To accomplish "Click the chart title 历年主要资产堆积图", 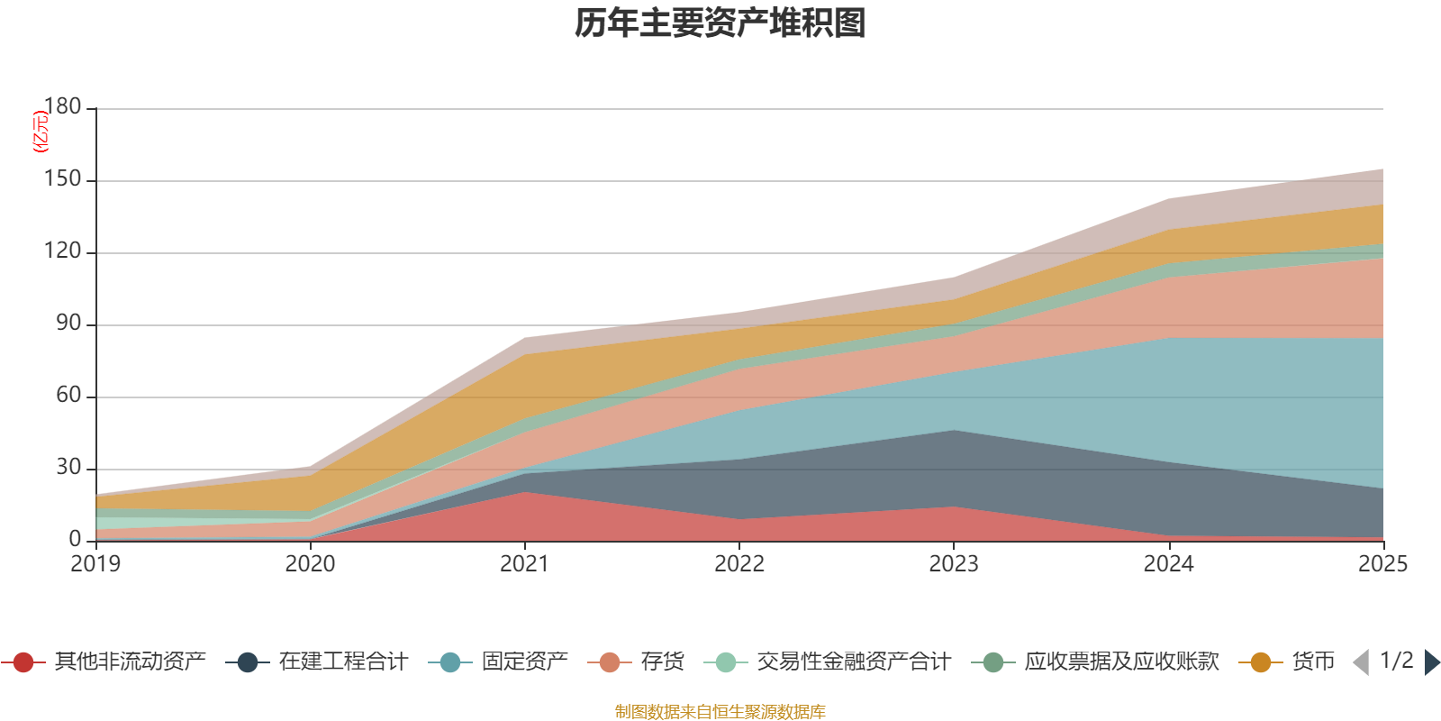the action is pyautogui.click(x=720, y=23).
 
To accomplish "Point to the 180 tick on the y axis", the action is pyautogui.click(x=62, y=106).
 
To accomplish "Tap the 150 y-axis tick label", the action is pyautogui.click(x=62, y=178).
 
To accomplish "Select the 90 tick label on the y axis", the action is pyautogui.click(x=68, y=323).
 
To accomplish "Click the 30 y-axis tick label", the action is pyautogui.click(x=68, y=467).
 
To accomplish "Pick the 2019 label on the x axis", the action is pyautogui.click(x=95, y=564).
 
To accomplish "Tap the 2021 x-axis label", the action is pyautogui.click(x=525, y=564).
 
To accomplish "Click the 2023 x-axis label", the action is pyautogui.click(x=954, y=564).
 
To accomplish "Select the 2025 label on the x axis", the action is pyautogui.click(x=1383, y=564).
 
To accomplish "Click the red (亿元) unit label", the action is pyautogui.click(x=40, y=132).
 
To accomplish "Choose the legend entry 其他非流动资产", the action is pyautogui.click(x=103, y=662).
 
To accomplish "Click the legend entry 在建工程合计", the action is pyautogui.click(x=316, y=662).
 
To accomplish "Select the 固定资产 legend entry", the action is pyautogui.click(x=498, y=662).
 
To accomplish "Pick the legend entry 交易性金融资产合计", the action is pyautogui.click(x=828, y=662).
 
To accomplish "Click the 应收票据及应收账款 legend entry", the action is pyautogui.click(x=1095, y=662).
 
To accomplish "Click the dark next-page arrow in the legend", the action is pyautogui.click(x=1431, y=662).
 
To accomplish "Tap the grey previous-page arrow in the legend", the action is pyautogui.click(x=1362, y=662).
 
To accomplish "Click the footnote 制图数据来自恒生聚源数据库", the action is pyautogui.click(x=720, y=711).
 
